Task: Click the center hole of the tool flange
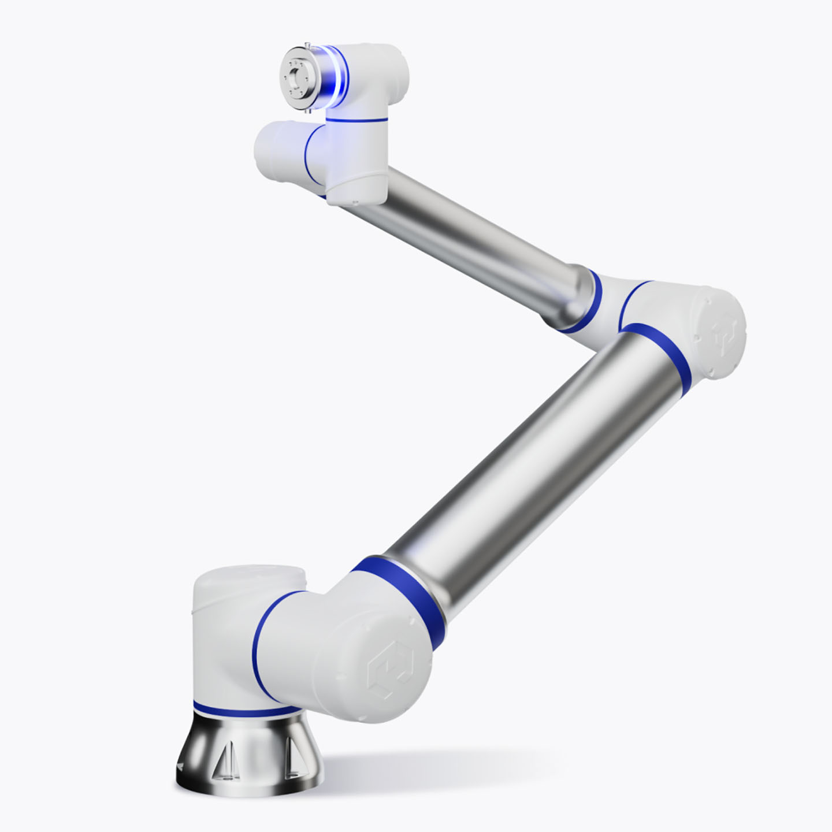click(x=296, y=76)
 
